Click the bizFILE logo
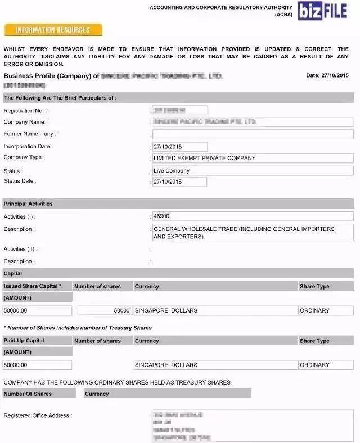[327, 11]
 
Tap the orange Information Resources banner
[53, 30]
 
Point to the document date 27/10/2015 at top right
[327, 75]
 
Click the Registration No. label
[25, 111]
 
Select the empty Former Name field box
[253, 134]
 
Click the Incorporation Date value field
[180, 147]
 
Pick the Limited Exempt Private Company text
[204, 158]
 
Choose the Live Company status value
[172, 170]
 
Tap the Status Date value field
[179, 182]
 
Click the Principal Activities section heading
[28, 204]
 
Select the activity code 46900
[161, 216]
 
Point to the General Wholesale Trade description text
[244, 233]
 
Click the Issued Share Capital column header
[33, 286]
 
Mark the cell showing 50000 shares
[105, 310]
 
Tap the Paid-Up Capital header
[24, 341]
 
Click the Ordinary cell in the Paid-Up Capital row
[314, 365]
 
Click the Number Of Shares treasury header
[28, 394]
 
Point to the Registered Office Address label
[38, 415]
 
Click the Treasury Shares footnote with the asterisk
[78, 327]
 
